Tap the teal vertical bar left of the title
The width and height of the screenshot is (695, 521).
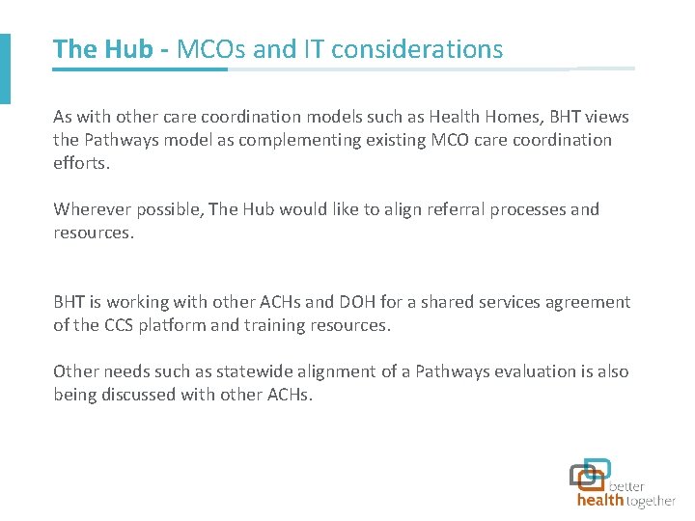(x=5, y=68)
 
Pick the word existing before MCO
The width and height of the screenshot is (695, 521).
(x=398, y=140)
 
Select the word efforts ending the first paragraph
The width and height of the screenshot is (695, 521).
(x=81, y=163)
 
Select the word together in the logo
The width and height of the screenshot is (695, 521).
(x=652, y=501)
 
